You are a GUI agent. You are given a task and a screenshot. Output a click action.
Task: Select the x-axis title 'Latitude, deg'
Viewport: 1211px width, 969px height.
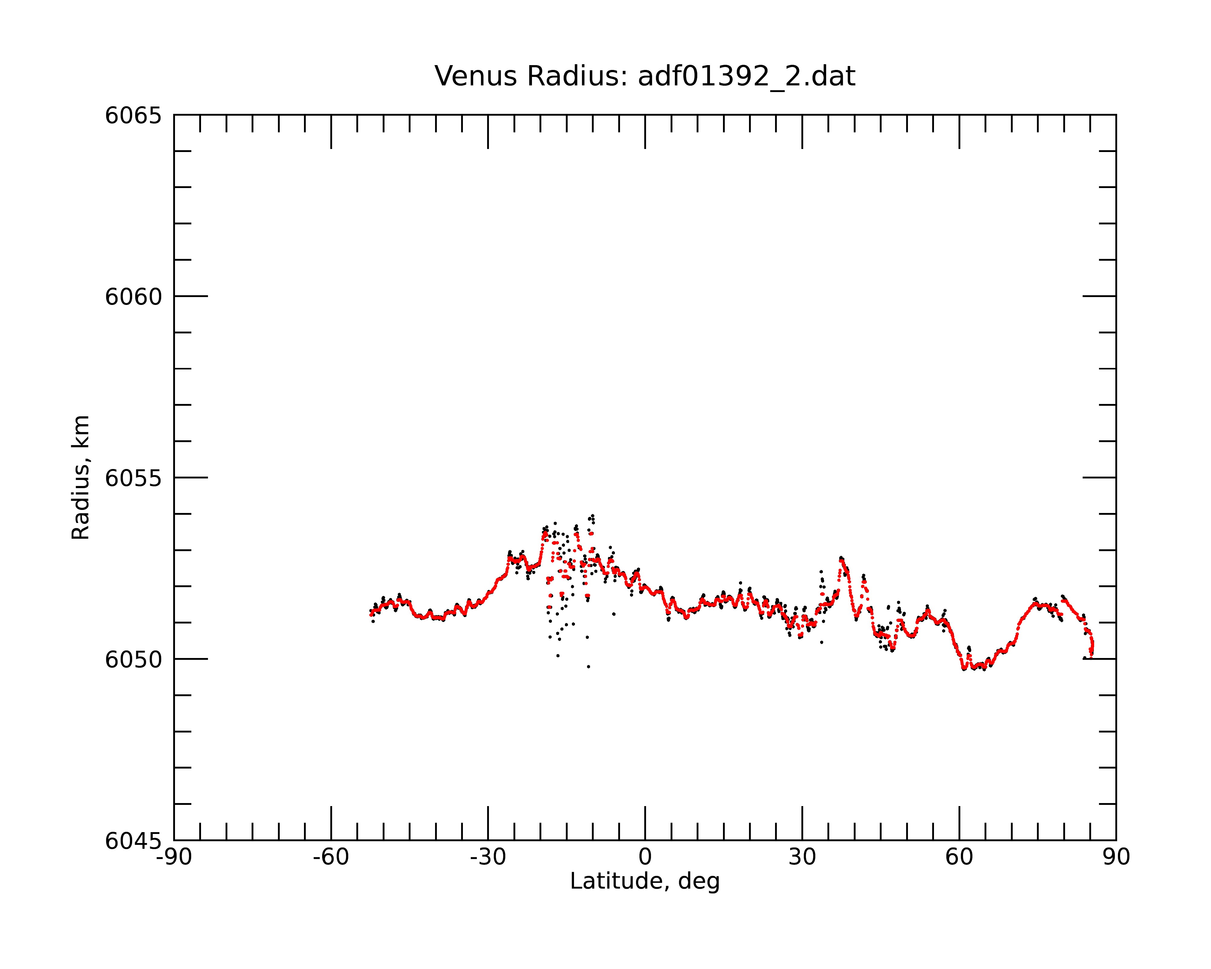coord(645,881)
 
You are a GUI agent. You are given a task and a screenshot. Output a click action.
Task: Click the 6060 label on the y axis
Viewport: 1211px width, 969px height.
coord(133,297)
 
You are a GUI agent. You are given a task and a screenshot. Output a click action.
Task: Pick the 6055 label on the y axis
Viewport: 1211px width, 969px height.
coord(133,479)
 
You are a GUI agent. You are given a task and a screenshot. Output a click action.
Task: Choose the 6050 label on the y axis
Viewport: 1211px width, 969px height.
coord(133,660)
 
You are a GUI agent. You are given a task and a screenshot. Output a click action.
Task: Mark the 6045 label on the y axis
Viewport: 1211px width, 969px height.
coord(133,842)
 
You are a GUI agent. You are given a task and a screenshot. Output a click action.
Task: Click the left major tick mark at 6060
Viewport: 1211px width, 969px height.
coord(191,296)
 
